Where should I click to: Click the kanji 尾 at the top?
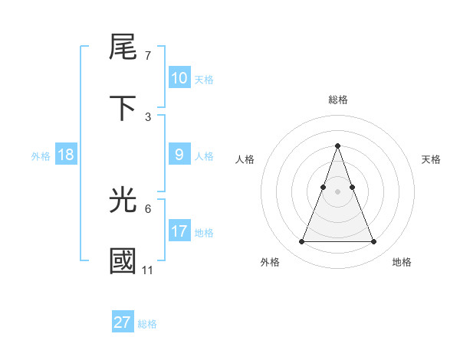tap(123, 47)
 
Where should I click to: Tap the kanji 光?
tap(123, 201)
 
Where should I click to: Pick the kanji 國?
tap(123, 261)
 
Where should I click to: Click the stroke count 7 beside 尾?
tap(147, 56)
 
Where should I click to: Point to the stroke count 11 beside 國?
tap(147, 270)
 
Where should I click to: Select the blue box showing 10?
tap(179, 78)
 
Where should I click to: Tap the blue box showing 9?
tap(179, 155)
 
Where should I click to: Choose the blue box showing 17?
tap(179, 231)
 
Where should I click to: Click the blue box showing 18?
tap(66, 155)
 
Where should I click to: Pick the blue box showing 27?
tap(123, 322)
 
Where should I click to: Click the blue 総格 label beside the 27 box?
tap(147, 324)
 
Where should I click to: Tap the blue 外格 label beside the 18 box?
tap(41, 156)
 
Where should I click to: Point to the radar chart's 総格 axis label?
tap(337, 100)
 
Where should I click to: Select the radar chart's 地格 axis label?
tap(402, 262)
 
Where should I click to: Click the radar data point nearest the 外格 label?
tap(301, 242)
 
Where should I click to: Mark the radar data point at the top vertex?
tap(337, 146)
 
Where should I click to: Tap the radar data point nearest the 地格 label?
tap(374, 242)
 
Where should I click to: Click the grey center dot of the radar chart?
tap(337, 191)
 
